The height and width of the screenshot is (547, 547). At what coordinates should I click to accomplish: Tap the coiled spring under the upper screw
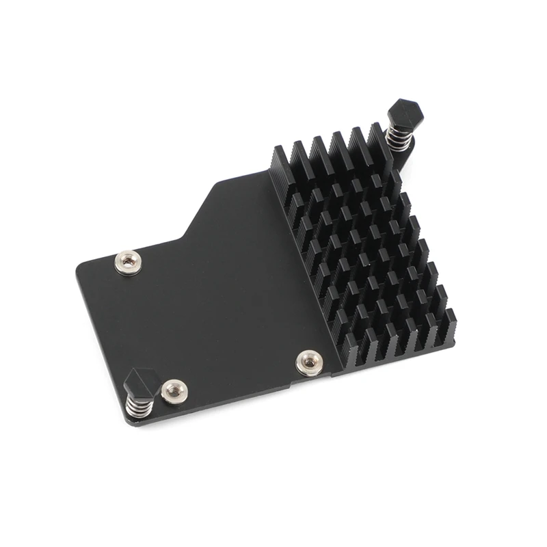tap(399, 136)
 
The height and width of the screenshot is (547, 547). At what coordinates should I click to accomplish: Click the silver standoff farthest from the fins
tap(128, 262)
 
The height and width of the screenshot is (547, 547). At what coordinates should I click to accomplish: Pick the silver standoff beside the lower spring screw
tap(174, 390)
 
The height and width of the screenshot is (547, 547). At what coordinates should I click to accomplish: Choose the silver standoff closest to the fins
tap(309, 362)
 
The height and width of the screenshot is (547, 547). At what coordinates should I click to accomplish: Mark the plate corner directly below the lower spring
tap(132, 423)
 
